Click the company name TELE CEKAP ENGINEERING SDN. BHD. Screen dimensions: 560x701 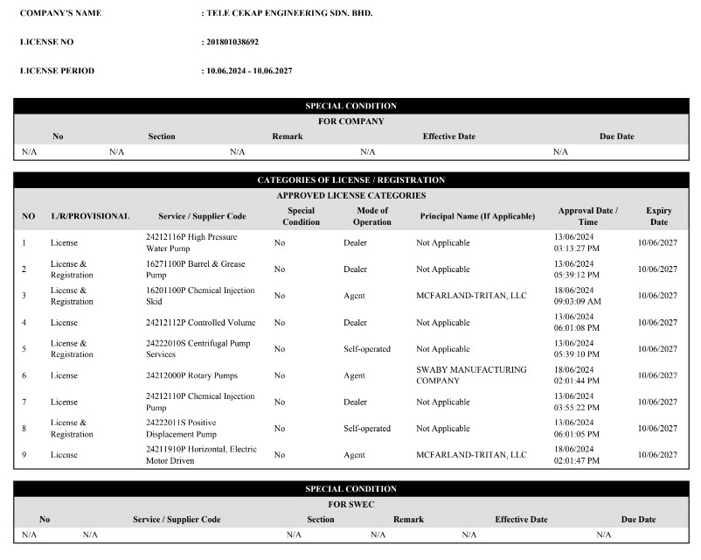(289, 14)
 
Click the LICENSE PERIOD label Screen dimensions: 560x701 (57, 70)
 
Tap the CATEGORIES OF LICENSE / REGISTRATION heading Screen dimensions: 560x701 (350, 180)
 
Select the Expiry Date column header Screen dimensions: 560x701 (658, 216)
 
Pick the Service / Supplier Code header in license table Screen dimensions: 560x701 (202, 216)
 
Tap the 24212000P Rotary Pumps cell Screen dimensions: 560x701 (191, 375)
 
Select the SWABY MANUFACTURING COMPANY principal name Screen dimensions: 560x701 (471, 375)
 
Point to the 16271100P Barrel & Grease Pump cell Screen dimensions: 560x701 (195, 269)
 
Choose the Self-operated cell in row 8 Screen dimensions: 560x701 (367, 429)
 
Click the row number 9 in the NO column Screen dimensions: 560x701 (24, 455)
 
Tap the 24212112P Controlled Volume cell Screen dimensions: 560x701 (200, 322)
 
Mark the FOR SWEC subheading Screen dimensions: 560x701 (350, 505)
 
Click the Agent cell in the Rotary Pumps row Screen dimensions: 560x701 (355, 375)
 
